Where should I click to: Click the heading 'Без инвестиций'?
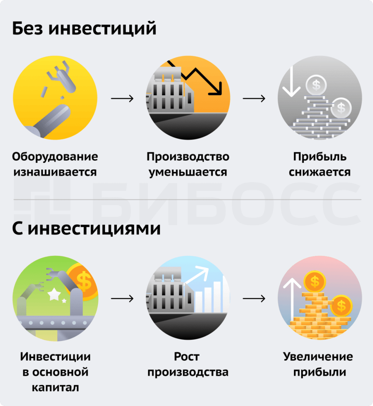click(84, 28)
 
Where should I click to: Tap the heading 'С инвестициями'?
click(86, 229)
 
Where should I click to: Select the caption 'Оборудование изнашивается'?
click(55, 164)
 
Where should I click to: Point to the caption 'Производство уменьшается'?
click(188, 164)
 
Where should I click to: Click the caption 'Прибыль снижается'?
click(320, 164)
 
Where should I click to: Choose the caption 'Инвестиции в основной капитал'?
click(55, 372)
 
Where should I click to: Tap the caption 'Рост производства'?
click(188, 364)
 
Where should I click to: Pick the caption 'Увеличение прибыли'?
click(318, 364)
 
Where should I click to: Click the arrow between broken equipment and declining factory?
click(122, 99)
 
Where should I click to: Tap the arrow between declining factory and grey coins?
click(254, 99)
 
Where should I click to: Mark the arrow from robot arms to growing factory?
click(122, 299)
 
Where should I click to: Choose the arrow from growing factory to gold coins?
click(254, 299)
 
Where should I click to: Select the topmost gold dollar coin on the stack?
click(315, 281)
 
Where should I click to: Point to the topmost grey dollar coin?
click(316, 85)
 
